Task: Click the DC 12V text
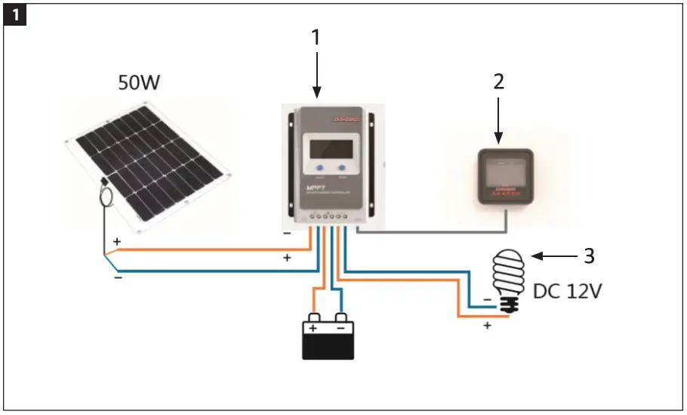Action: click(568, 291)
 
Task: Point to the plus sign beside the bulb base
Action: click(488, 325)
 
